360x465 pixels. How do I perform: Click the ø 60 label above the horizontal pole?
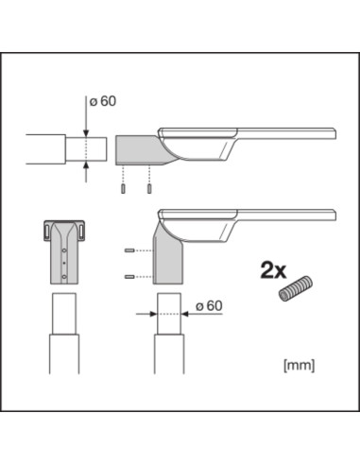[103, 102]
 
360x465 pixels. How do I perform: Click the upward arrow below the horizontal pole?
[86, 170]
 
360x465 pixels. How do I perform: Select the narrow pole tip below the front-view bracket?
[63, 311]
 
